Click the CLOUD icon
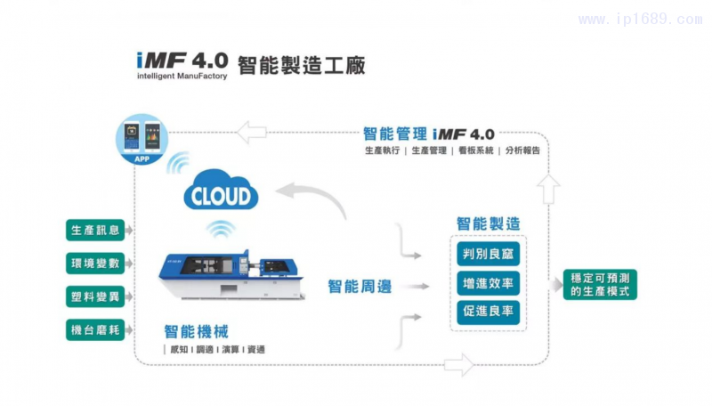221,193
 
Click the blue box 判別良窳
488,255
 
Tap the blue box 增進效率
488,284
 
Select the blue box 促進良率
488,313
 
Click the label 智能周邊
360,287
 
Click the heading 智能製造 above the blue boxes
488,224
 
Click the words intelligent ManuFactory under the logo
182,77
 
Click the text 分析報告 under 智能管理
522,151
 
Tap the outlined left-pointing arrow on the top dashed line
254,134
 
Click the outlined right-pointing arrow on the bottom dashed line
459,363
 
